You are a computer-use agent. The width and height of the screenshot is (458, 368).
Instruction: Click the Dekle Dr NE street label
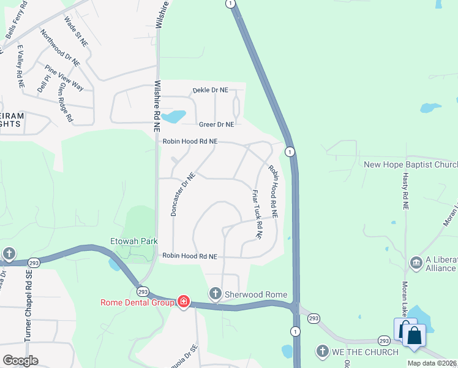coord(210,90)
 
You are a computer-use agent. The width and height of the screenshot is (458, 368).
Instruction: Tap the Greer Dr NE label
coord(213,125)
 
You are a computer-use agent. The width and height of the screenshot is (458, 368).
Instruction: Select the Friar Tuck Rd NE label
coord(257,214)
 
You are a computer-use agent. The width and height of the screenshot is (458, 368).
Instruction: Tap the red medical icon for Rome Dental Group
coord(183,301)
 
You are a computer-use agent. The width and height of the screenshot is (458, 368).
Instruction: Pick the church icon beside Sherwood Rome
coord(215,294)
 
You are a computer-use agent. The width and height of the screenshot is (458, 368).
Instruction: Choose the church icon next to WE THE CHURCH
coord(323,351)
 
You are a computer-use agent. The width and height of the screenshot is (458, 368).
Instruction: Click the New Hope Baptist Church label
coord(410,164)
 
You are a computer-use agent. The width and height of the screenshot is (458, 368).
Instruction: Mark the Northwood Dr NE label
coord(60,47)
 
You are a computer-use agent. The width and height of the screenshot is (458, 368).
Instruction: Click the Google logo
coord(20,361)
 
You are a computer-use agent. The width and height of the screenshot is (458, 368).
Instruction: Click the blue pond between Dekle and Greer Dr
coord(176,115)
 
